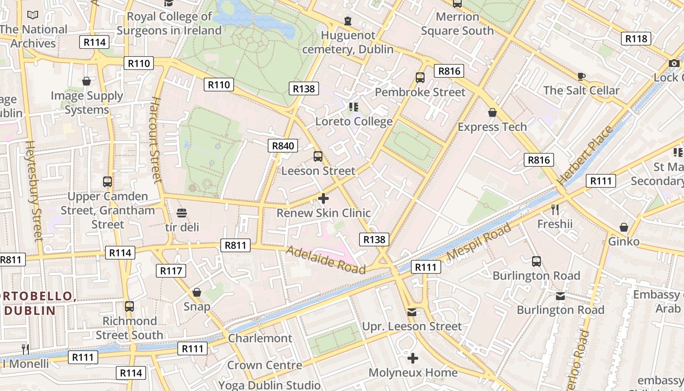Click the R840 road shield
(x=283, y=146)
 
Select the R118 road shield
(x=636, y=39)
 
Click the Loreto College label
(x=354, y=122)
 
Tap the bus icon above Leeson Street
(x=318, y=156)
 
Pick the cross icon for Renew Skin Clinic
(x=323, y=198)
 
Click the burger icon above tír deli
(x=182, y=213)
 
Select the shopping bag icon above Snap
(x=197, y=292)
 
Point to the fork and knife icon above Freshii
(x=555, y=210)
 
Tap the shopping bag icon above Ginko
(x=624, y=227)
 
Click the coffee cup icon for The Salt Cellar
(x=581, y=76)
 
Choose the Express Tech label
(x=492, y=127)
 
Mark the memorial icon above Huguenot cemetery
(x=348, y=21)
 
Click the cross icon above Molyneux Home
(x=413, y=359)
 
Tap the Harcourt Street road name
(x=155, y=140)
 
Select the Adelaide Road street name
(x=326, y=260)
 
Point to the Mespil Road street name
(x=479, y=241)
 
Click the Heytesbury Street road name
(x=34, y=191)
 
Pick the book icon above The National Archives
(x=33, y=15)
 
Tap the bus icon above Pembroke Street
(x=420, y=78)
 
